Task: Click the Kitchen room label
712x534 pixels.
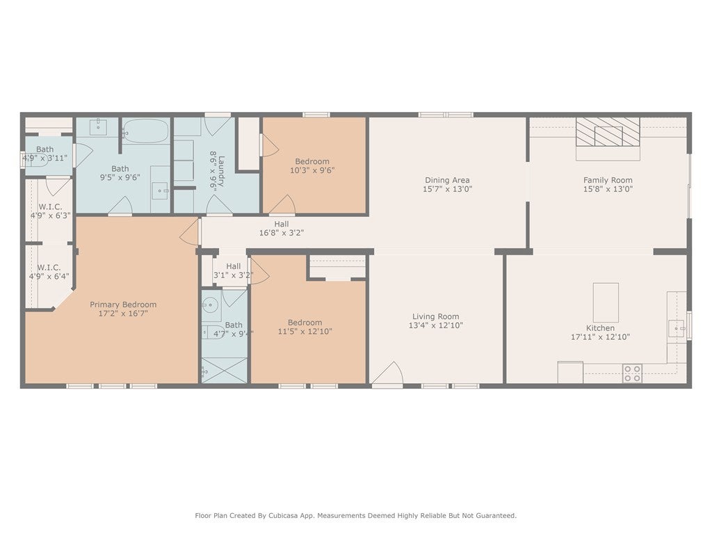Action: tap(600, 328)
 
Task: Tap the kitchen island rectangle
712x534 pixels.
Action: tap(606, 302)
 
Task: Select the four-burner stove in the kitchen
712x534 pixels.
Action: tap(632, 373)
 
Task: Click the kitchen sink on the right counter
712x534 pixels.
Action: tap(676, 328)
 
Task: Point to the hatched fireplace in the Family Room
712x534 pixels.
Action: tap(608, 131)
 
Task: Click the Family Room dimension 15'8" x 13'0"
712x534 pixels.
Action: tap(608, 188)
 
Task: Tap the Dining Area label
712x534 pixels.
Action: tap(447, 180)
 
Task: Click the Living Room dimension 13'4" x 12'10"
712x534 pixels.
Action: tap(435, 325)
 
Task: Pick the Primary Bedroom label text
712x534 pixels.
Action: tap(123, 305)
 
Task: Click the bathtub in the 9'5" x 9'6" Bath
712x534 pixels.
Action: tap(146, 131)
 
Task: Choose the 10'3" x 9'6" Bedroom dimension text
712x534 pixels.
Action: tap(312, 170)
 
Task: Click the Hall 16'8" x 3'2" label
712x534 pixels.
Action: tap(281, 233)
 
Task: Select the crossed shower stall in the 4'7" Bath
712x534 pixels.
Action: tap(225, 370)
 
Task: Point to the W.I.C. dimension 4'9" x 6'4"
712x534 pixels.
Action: tap(49, 276)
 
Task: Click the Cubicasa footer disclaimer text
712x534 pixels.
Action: tap(355, 515)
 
